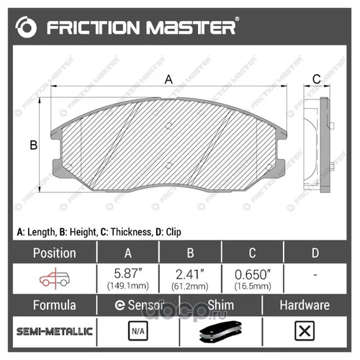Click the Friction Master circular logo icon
tap(26, 27)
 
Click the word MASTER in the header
tap(191, 27)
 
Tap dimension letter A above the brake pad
tap(168, 79)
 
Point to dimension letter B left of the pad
tap(34, 145)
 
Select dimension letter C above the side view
tap(317, 79)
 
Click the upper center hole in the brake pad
tap(169, 125)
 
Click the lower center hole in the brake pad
tap(169, 165)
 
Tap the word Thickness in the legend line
tap(131, 232)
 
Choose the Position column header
tap(55, 253)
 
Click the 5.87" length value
tap(128, 274)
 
